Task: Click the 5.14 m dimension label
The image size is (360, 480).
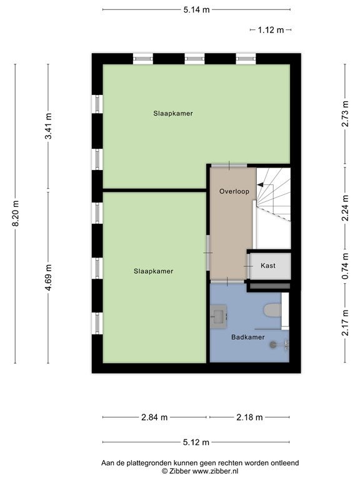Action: click(196, 10)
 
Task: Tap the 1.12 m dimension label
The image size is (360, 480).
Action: click(271, 30)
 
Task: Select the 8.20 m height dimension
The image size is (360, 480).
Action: click(16, 213)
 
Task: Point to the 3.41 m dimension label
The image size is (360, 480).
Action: click(48, 126)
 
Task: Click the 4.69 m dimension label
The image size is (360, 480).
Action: click(48, 277)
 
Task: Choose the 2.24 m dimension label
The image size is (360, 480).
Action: click(345, 208)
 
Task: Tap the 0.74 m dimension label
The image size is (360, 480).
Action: click(345, 266)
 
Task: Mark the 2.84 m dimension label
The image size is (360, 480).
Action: click(154, 417)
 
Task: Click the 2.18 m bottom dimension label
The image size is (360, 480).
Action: click(249, 417)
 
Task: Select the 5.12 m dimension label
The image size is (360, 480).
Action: click(196, 442)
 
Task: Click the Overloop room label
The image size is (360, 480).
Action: click(234, 192)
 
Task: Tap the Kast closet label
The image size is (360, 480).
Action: click(268, 266)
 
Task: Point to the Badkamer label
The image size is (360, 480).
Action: click(248, 337)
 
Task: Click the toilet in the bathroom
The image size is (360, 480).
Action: click(272, 310)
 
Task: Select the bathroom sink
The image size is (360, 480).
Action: click(219, 316)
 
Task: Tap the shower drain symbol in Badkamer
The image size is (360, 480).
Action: click(273, 345)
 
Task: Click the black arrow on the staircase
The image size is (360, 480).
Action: click(260, 184)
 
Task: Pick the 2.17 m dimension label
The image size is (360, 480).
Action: click(345, 322)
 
